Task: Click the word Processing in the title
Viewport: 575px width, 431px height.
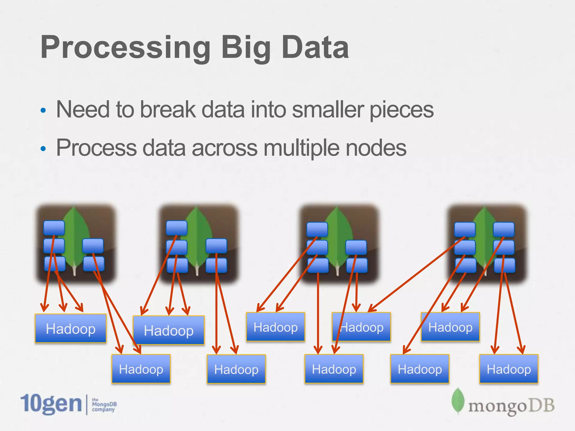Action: [x=125, y=48]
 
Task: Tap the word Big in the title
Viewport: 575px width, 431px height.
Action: [x=246, y=48]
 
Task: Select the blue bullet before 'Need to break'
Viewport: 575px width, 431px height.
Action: [x=43, y=110]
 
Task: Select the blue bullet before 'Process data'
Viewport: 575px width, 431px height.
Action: [x=43, y=148]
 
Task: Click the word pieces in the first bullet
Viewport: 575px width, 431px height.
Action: [x=401, y=110]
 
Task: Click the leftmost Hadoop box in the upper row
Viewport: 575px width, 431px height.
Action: [x=70, y=329]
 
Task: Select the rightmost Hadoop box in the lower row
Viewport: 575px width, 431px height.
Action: [x=509, y=369]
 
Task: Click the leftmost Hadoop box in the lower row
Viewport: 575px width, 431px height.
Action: [x=141, y=369]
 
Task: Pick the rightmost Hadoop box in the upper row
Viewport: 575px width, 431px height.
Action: [x=450, y=327]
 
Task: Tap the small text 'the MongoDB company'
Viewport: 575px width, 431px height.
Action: [x=104, y=405]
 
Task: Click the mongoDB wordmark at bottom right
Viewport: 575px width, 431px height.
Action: [x=511, y=406]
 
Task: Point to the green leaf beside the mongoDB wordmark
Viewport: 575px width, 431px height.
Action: [x=458, y=400]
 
